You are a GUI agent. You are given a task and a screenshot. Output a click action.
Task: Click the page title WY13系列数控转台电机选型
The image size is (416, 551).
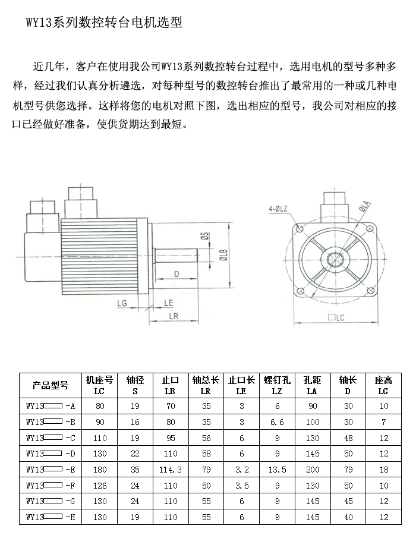click(x=104, y=23)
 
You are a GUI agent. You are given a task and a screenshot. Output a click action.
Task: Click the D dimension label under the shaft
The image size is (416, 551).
click(x=177, y=274)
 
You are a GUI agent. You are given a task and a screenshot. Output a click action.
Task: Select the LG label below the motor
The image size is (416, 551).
click(x=122, y=303)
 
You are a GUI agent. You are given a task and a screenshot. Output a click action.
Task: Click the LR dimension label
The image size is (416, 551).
click(x=174, y=316)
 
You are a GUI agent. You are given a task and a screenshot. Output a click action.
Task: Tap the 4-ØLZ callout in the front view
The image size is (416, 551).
click(x=278, y=209)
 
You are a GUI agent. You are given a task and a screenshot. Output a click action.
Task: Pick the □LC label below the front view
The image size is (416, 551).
click(x=336, y=317)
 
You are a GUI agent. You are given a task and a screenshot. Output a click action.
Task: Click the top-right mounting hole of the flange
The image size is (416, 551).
click(x=369, y=229)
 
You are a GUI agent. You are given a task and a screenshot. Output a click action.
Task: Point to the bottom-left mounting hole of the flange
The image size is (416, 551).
click(x=300, y=291)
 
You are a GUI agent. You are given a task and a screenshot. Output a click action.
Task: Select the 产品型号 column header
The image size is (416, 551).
click(x=51, y=386)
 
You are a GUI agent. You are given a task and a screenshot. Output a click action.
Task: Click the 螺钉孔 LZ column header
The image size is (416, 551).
click(x=277, y=385)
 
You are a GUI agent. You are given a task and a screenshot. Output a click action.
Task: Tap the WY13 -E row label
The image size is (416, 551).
click(x=51, y=470)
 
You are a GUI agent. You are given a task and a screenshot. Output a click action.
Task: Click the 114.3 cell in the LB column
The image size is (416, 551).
click(x=171, y=470)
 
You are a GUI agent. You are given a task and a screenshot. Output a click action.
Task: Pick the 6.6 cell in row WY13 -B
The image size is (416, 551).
click(x=277, y=422)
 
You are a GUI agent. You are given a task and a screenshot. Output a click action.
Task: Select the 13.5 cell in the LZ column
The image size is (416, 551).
click(x=277, y=470)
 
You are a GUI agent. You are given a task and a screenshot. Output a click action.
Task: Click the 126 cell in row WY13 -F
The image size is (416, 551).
click(x=100, y=486)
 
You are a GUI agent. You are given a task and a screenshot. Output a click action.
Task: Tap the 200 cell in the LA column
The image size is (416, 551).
click(x=313, y=470)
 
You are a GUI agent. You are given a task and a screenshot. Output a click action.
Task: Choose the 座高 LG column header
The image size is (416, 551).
click(x=383, y=385)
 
